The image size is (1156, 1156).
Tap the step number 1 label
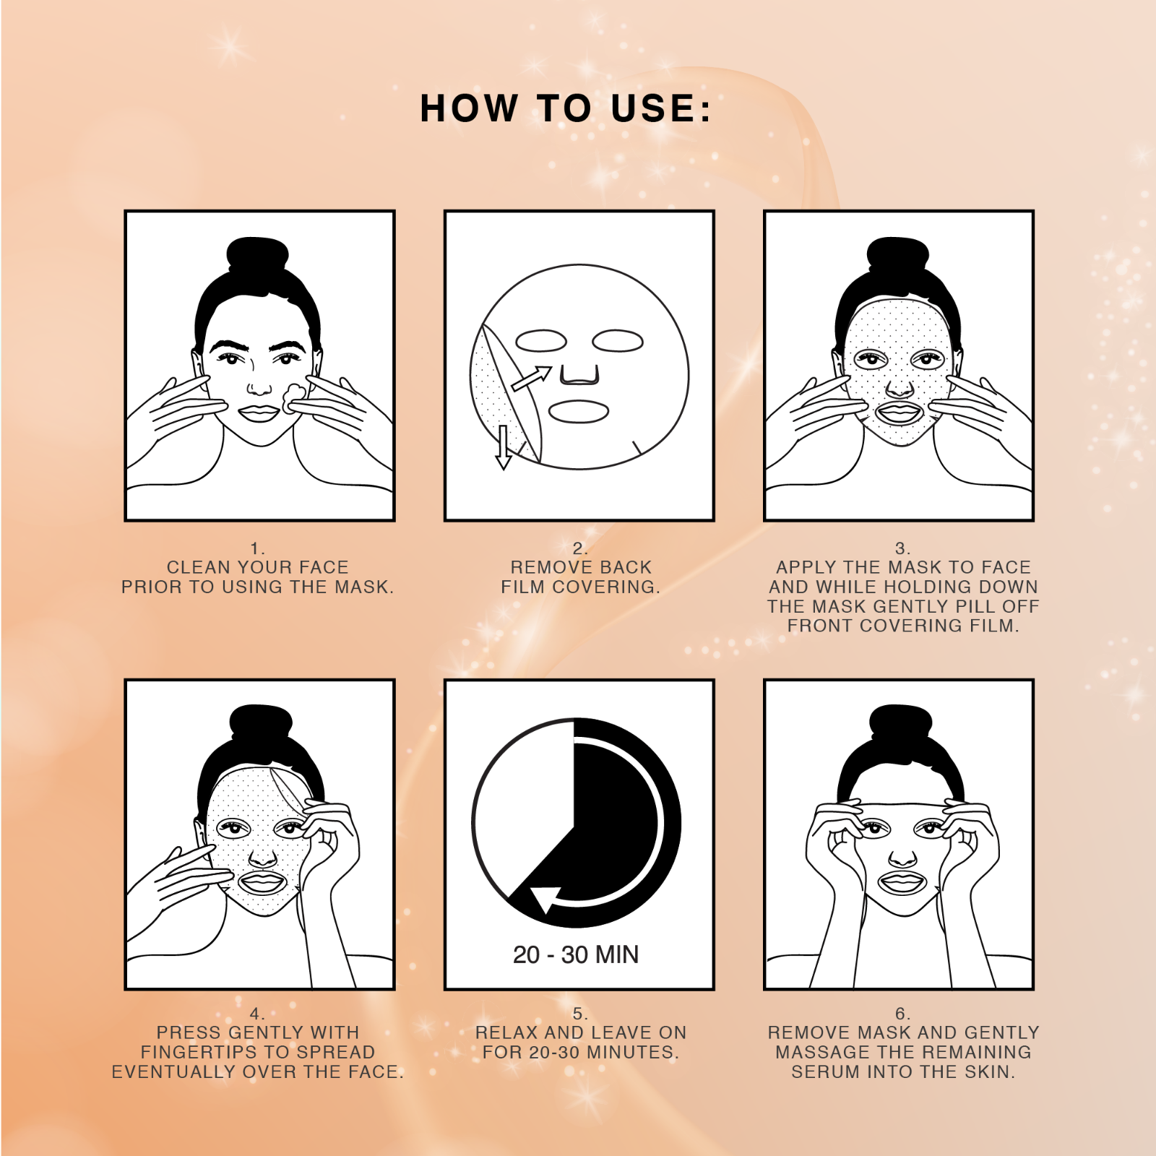[257, 548]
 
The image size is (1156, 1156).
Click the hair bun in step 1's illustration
[257, 254]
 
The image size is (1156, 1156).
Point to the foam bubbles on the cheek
[293, 397]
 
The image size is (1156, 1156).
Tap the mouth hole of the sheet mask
[579, 412]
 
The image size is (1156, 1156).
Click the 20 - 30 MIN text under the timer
[576, 955]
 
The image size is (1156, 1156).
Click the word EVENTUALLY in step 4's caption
[173, 1072]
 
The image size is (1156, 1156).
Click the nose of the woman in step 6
[902, 859]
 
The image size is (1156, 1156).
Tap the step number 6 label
[902, 1014]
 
